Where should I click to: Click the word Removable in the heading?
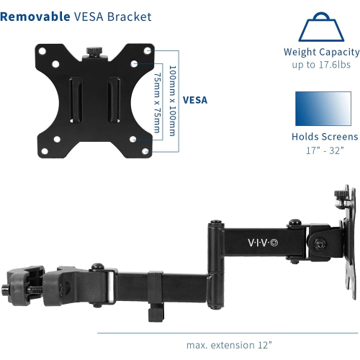[x=34, y=16]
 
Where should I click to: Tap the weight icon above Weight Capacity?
[x=320, y=27]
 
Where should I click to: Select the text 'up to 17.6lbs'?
[x=321, y=65]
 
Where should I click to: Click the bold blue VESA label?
[x=195, y=100]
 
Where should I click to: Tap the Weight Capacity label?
[x=321, y=52]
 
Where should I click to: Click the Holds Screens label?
[x=324, y=137]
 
